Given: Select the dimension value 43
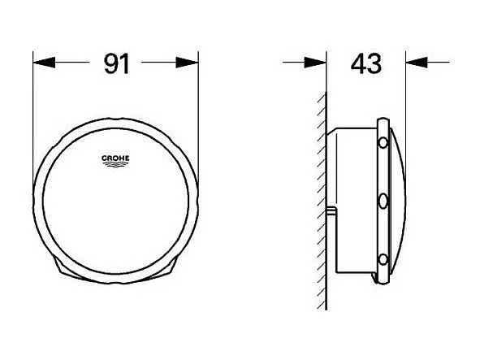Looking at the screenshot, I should pos(365,63).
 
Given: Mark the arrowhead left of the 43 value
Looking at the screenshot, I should pos(317,63).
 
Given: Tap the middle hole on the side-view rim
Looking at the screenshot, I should pos(381,200).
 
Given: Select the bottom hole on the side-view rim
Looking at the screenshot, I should pos(381,259).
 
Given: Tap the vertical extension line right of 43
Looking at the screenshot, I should pos(406,89).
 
